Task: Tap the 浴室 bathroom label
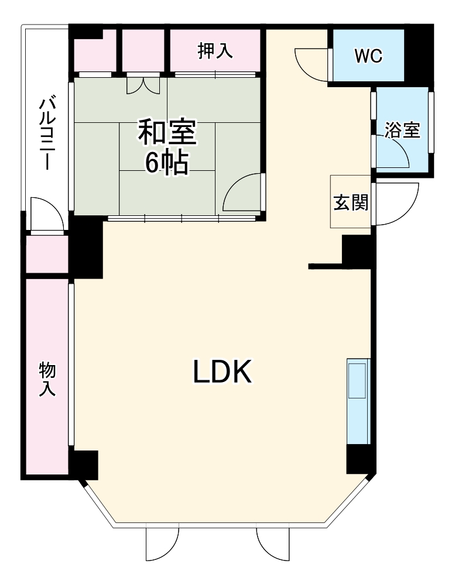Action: (402, 130)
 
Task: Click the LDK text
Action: (223, 372)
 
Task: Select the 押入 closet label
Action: (215, 51)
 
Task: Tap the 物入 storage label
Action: (47, 379)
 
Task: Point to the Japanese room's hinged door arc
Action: (244, 193)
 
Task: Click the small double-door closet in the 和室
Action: (143, 85)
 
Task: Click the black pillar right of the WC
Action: (420, 54)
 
